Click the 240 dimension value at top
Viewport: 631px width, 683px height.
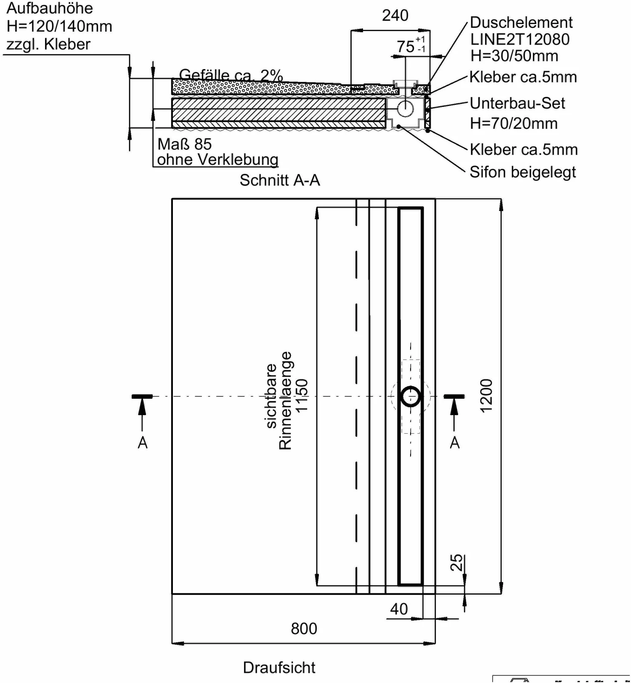(395, 16)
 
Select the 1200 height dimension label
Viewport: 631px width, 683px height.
(486, 396)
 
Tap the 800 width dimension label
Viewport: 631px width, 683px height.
(304, 629)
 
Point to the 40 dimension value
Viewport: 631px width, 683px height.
(398, 609)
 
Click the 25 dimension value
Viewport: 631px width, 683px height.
(456, 563)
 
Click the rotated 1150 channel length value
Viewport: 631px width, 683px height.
(302, 396)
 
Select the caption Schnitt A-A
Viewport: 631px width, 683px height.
(280, 180)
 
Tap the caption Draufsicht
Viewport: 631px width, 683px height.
(279, 667)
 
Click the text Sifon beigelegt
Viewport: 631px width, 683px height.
(522, 172)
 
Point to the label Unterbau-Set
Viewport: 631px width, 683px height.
(517, 103)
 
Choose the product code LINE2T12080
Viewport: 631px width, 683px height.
(520, 39)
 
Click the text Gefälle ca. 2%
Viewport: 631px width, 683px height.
(231, 75)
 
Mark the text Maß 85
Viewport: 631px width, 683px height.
(184, 144)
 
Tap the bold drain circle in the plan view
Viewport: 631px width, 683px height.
(411, 397)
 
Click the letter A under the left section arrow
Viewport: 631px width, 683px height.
(143, 443)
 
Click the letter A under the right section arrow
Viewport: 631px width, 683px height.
(455, 443)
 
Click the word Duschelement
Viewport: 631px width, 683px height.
(521, 22)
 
